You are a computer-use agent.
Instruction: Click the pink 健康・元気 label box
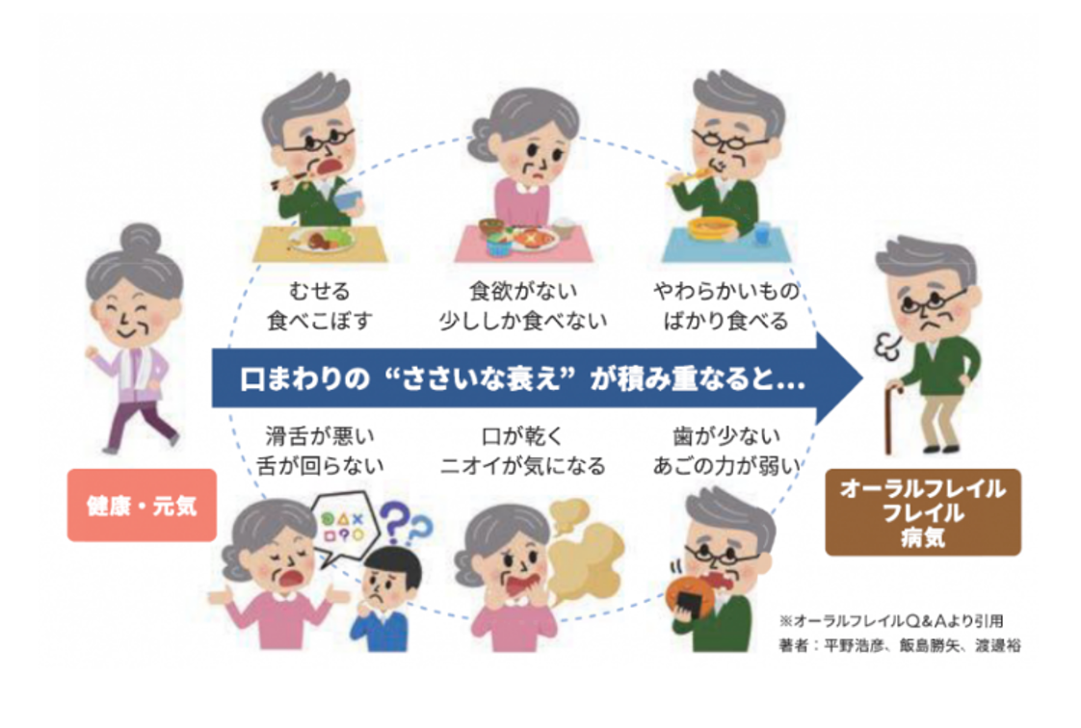[x=142, y=505]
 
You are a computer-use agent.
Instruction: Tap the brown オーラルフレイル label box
[x=922, y=511]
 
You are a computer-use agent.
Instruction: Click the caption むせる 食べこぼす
[x=319, y=306]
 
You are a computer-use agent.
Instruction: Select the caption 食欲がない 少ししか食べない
[x=522, y=306]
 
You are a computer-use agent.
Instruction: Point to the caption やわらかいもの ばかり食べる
[x=725, y=306]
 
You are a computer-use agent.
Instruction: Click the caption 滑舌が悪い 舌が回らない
[x=319, y=451]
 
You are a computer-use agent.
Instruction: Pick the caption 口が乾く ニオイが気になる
[x=522, y=451]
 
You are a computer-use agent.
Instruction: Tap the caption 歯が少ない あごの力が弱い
[x=725, y=451]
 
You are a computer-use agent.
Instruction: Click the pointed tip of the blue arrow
[x=862, y=378]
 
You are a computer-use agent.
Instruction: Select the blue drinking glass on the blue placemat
[x=762, y=233]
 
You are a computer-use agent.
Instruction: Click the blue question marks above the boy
[x=406, y=525]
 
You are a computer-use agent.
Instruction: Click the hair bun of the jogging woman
[x=140, y=239]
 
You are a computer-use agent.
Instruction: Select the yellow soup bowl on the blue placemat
[x=711, y=228]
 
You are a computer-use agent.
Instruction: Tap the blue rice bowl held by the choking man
[x=350, y=199]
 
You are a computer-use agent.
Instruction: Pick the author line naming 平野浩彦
[x=900, y=645]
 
